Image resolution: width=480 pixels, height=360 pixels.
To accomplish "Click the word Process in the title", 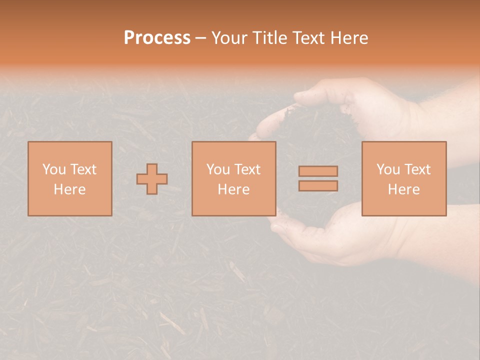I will [x=157, y=38].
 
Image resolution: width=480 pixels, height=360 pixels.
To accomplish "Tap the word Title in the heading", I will [x=270, y=38].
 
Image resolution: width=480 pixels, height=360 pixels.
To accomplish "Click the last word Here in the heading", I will [x=349, y=38].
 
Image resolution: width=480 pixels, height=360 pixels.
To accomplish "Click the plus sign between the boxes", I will [x=152, y=178].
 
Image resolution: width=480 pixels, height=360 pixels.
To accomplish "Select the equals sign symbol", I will [x=318, y=178].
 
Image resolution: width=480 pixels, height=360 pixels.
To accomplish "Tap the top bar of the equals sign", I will [x=318, y=171].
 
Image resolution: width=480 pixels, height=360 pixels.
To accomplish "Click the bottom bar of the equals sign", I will [x=318, y=186].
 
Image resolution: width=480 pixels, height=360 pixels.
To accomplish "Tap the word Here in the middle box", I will [x=234, y=189].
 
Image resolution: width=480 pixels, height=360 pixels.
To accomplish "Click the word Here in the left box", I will [x=70, y=189].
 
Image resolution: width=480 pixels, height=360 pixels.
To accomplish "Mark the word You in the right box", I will [x=388, y=169].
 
